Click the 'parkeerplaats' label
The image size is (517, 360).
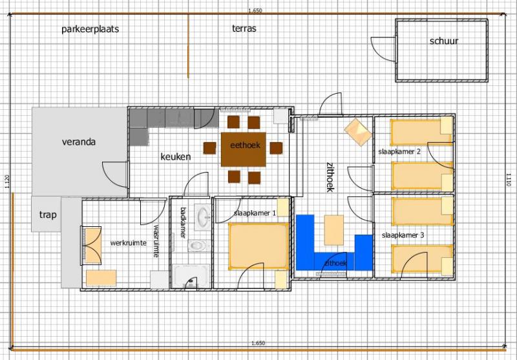tap(90, 29)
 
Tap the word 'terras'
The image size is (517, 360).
tap(244, 28)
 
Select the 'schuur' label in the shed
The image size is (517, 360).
tap(444, 41)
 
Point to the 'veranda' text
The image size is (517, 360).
tap(79, 142)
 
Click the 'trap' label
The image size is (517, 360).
tap(48, 215)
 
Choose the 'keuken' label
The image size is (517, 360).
tap(176, 156)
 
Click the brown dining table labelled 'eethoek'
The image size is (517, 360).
tap(244, 149)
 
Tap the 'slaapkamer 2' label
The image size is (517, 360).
tap(399, 152)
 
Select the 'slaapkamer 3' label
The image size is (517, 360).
tap(403, 235)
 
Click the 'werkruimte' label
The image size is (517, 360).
tap(128, 243)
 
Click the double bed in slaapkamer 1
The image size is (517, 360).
tap(258, 246)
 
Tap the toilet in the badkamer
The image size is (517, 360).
tap(197, 246)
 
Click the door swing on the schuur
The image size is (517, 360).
tap(383, 48)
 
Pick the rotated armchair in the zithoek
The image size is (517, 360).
tap(358, 132)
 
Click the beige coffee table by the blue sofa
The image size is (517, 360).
tap(333, 230)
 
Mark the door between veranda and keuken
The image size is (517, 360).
tap(115, 175)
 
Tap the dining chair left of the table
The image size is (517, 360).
tap(209, 149)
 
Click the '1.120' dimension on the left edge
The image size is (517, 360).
tap(7, 182)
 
